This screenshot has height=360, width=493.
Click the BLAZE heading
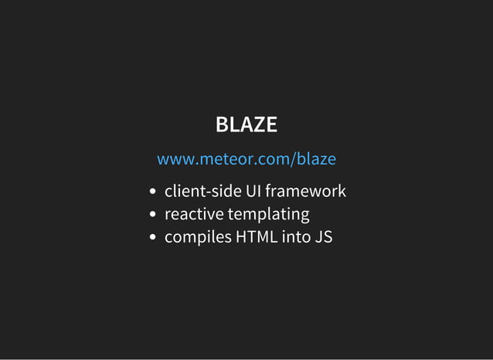tap(246, 124)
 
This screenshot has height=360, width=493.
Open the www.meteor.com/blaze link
tap(246, 159)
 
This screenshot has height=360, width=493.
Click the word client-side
tap(202, 191)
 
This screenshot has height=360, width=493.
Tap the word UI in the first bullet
tap(253, 191)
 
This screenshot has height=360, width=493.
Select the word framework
tap(305, 191)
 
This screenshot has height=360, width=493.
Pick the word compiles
tap(198, 237)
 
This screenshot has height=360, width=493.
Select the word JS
tap(324, 236)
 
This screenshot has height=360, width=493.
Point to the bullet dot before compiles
tap(154, 238)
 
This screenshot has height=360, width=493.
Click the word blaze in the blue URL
tap(316, 159)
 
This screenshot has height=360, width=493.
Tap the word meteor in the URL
tap(223, 159)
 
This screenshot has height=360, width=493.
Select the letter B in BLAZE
tap(221, 124)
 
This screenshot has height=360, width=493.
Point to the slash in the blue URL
tap(293, 159)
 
